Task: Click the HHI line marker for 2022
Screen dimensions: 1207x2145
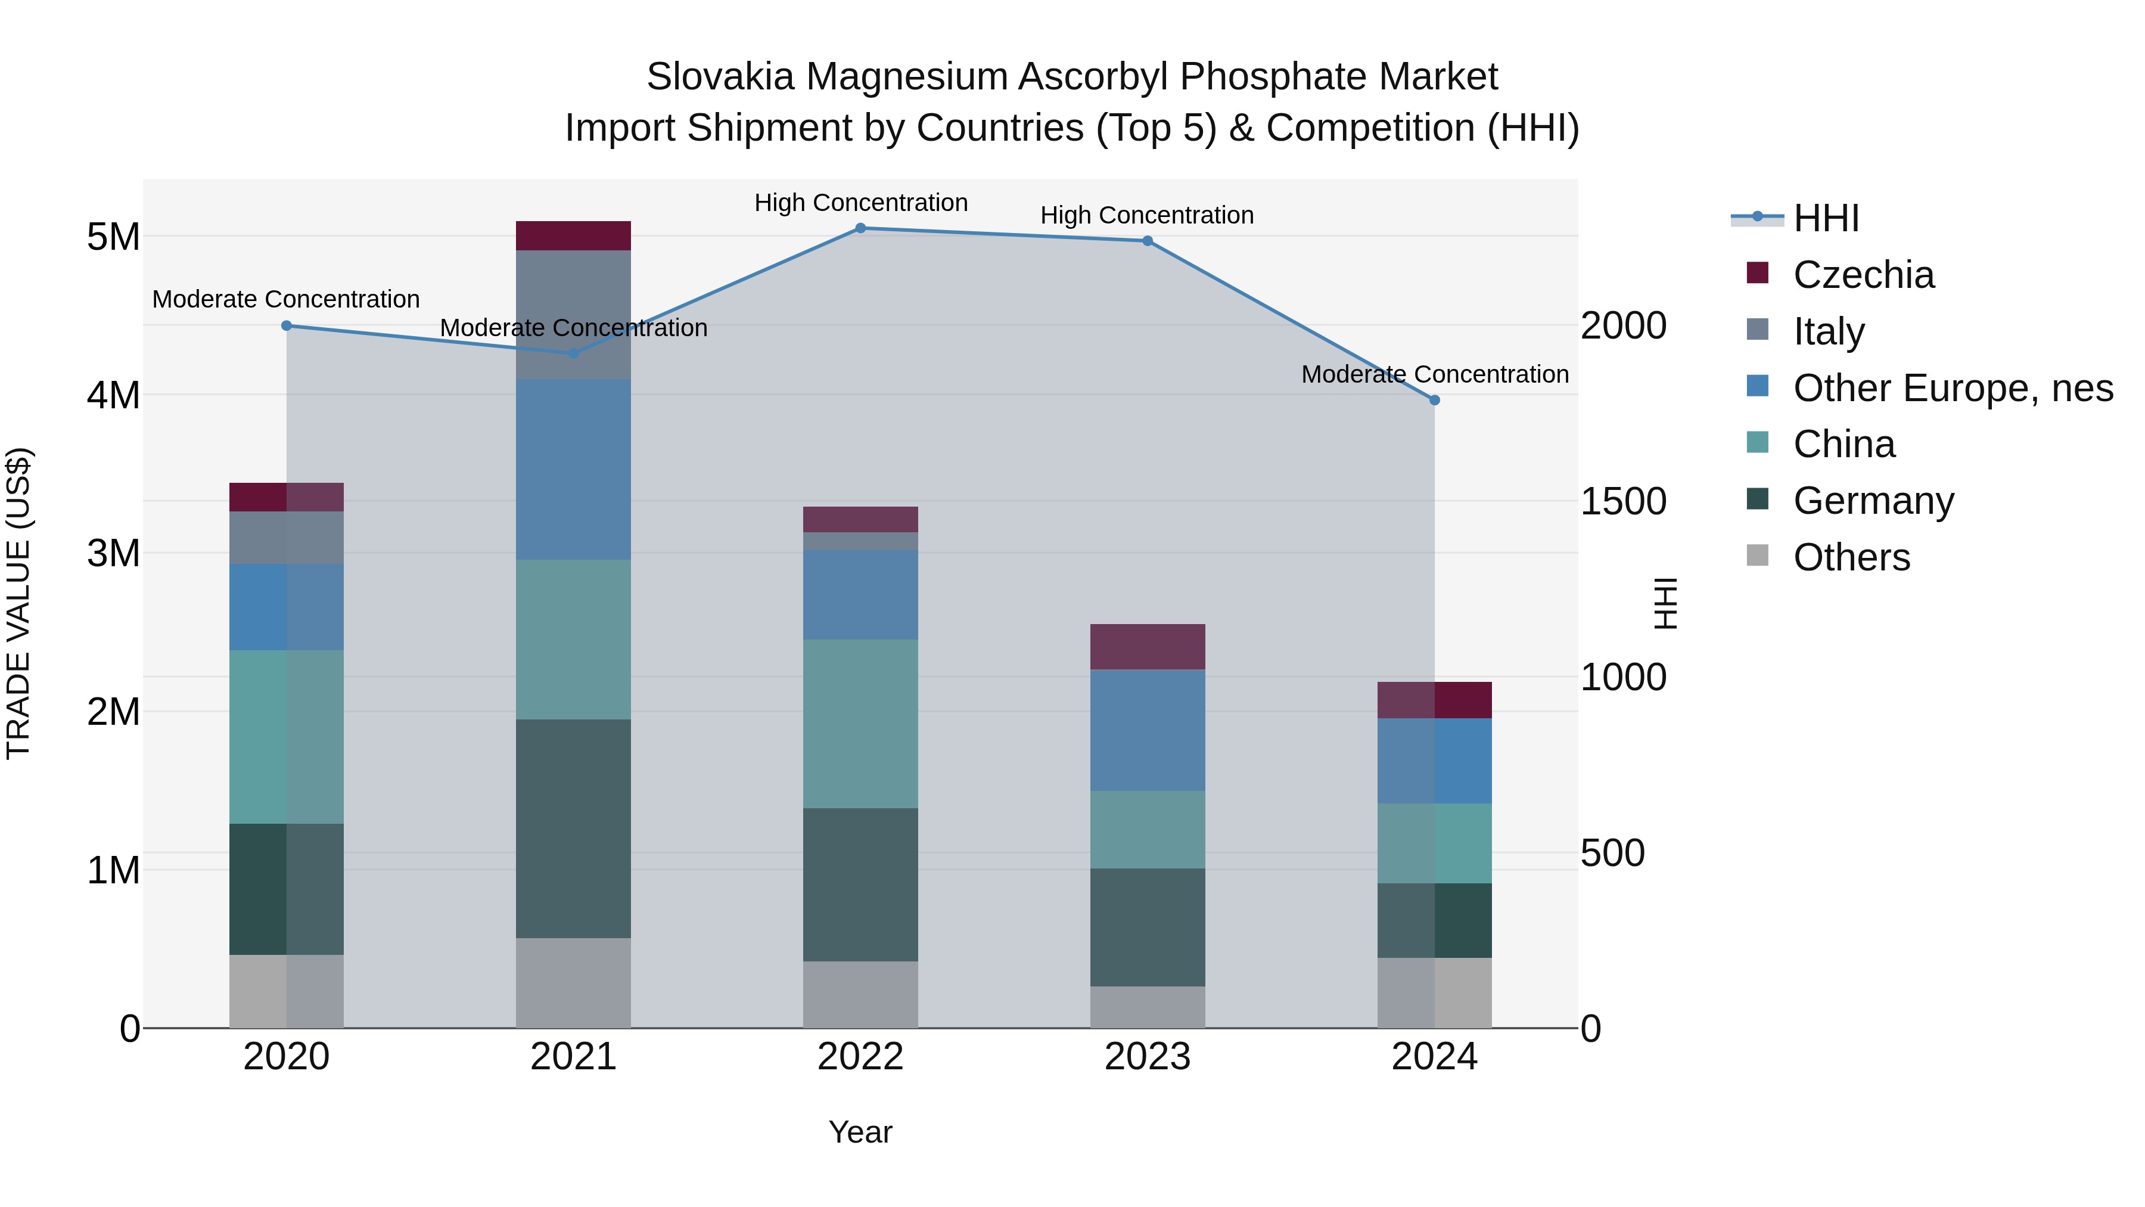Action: pyautogui.click(x=860, y=228)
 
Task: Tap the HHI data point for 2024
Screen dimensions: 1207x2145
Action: pyautogui.click(x=1434, y=400)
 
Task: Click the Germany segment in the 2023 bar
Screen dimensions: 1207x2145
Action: pyautogui.click(x=1148, y=927)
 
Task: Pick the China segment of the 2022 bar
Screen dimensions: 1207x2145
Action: pyautogui.click(x=860, y=723)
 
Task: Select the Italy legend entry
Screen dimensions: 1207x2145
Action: pyautogui.click(x=1829, y=331)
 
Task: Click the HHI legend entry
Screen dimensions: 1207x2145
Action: pyautogui.click(x=1825, y=218)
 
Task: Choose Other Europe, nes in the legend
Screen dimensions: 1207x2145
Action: pyautogui.click(x=1953, y=388)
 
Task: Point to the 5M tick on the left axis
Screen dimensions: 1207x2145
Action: pyautogui.click(x=113, y=237)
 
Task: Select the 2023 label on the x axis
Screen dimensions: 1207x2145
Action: pyautogui.click(x=1148, y=1057)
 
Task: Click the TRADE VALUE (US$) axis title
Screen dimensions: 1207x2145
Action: pyautogui.click(x=19, y=603)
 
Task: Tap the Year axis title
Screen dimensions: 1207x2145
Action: pyautogui.click(x=860, y=1132)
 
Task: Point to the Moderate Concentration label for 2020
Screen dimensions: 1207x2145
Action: pyautogui.click(x=285, y=299)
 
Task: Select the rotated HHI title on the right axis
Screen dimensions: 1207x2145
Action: pyautogui.click(x=1665, y=603)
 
